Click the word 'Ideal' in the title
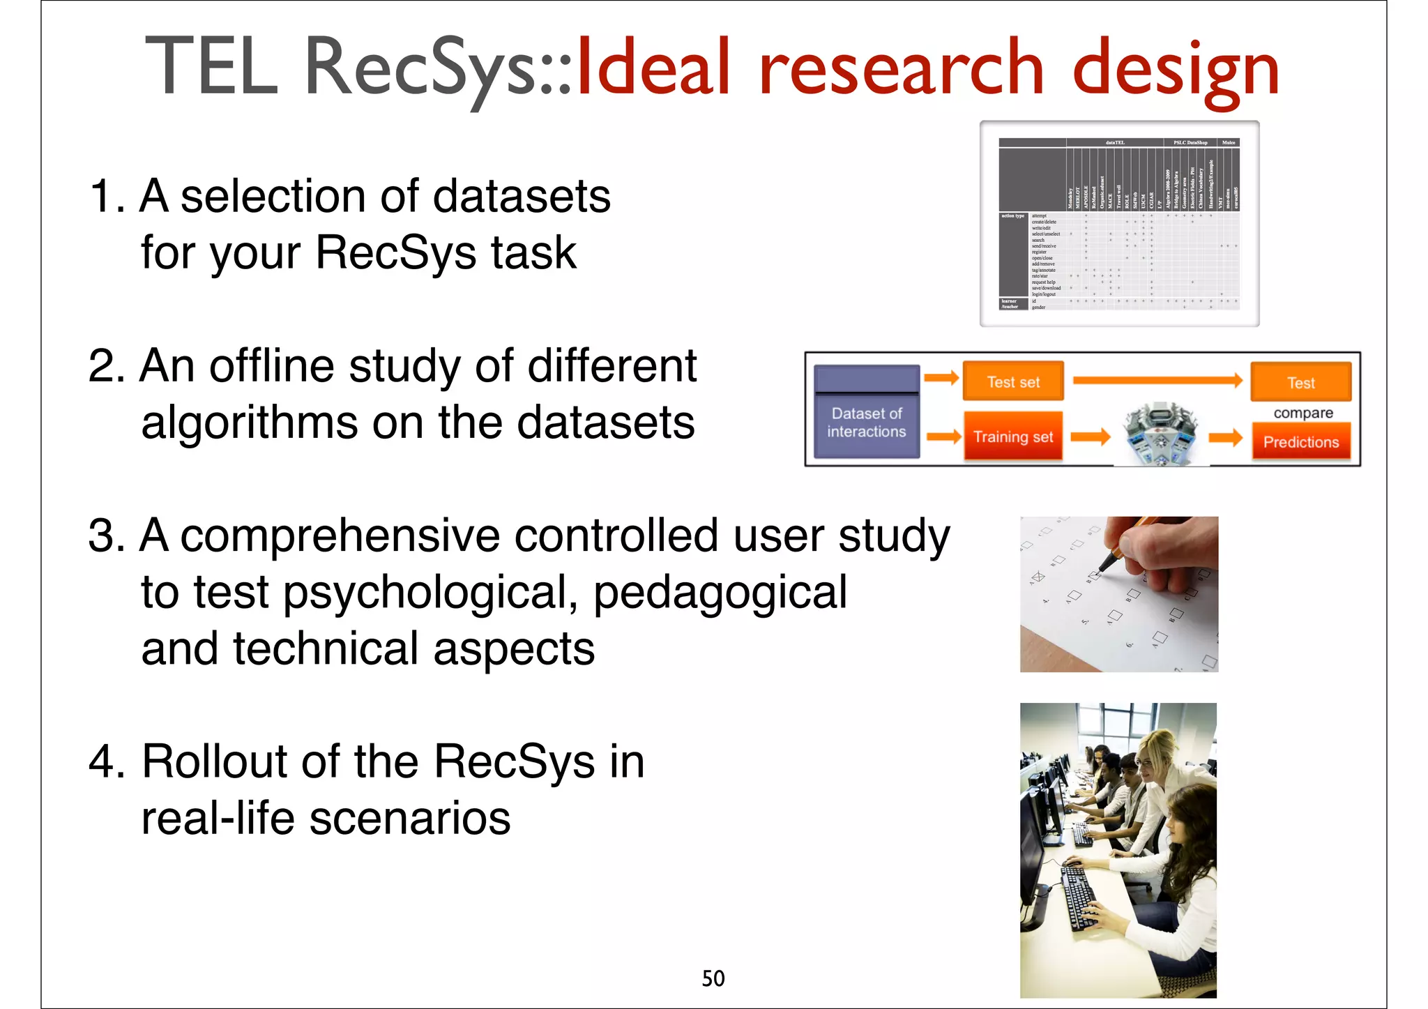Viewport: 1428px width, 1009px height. pyautogui.click(x=653, y=68)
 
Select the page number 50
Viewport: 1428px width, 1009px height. pyautogui.click(x=713, y=978)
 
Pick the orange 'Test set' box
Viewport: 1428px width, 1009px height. pyautogui.click(x=1013, y=381)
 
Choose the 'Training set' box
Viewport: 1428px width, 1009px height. pyautogui.click(x=1013, y=437)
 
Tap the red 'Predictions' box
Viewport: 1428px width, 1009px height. pyautogui.click(x=1301, y=442)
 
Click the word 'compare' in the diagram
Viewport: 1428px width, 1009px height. pyautogui.click(x=1302, y=413)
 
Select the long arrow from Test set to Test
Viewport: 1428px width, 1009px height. pyautogui.click(x=1157, y=380)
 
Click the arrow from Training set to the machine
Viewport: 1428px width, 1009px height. pyautogui.click(x=1090, y=437)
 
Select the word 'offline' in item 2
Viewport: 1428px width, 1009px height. pyautogui.click(x=272, y=365)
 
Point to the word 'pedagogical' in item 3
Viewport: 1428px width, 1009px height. pyautogui.click(x=720, y=592)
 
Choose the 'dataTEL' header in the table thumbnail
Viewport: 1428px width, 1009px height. pyautogui.click(x=1114, y=143)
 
